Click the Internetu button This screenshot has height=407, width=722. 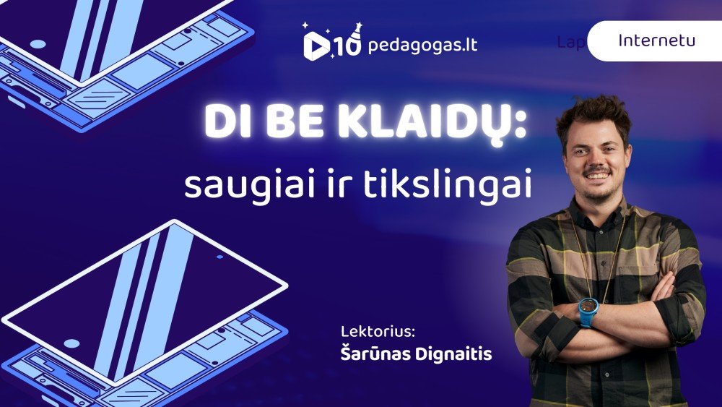[656, 40]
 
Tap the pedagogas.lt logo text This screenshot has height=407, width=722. [422, 46]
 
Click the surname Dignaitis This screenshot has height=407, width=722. [456, 354]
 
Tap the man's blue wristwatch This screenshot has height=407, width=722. [588, 312]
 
